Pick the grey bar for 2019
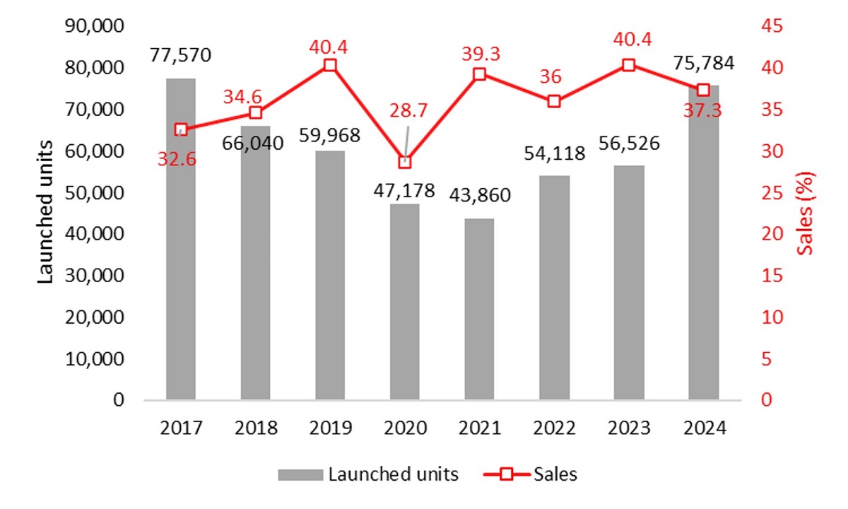[x=330, y=275]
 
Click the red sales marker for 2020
[x=405, y=162]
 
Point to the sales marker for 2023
[x=629, y=65]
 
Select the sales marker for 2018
[x=256, y=113]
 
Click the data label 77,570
[x=181, y=55]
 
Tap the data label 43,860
[x=480, y=195]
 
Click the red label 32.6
[x=177, y=160]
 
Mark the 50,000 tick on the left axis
[x=94, y=192]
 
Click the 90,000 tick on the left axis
[x=94, y=26]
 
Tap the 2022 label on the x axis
[x=554, y=428]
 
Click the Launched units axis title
[x=45, y=212]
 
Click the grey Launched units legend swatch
[x=300, y=474]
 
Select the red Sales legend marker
[x=505, y=474]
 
